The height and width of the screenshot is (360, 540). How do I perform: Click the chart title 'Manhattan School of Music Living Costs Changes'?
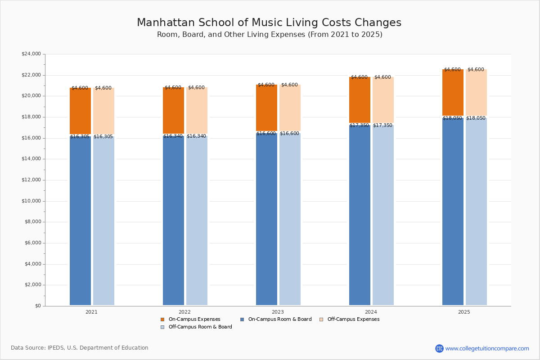(269, 23)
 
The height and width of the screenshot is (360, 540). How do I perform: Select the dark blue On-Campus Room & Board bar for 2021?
(80, 220)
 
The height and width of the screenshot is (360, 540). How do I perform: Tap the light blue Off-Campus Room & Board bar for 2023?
(290, 220)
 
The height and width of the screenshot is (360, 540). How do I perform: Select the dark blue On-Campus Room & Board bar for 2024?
(360, 216)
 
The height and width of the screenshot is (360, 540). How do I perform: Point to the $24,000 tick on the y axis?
(31, 54)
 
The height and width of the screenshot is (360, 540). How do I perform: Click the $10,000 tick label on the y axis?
(31, 201)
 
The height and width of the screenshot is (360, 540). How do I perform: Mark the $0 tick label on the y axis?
(37, 306)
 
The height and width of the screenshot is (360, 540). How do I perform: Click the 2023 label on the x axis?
(278, 312)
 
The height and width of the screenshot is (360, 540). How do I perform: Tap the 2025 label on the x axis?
(464, 312)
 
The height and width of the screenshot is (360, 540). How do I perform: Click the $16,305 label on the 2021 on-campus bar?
(80, 137)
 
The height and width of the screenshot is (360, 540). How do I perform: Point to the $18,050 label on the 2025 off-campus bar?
(476, 118)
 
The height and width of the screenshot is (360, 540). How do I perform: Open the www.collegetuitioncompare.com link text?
(487, 349)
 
